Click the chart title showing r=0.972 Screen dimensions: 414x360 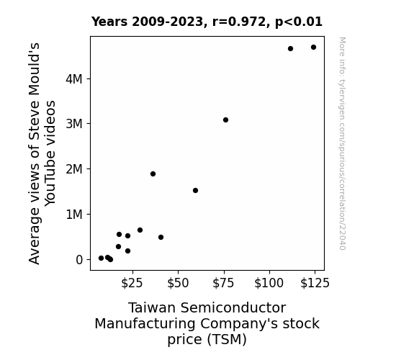tap(207, 22)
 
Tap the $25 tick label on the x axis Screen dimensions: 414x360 tap(132, 283)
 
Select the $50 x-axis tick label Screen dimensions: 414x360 tap(178, 283)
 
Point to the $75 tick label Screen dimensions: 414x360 tap(224, 283)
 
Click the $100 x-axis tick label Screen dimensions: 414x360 tap(269, 283)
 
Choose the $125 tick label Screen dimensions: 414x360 tap(315, 283)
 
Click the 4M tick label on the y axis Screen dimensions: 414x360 tap(74, 79)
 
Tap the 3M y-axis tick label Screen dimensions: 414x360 tap(74, 124)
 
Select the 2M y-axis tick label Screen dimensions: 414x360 tap(74, 169)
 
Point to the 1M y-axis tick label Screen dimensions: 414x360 tap(74, 215)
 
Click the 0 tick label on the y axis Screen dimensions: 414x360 tap(79, 260)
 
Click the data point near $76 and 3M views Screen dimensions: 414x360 tap(225, 120)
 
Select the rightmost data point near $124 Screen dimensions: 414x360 tap(313, 48)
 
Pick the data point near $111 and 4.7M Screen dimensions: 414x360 tap(290, 48)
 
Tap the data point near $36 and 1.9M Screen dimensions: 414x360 tap(153, 174)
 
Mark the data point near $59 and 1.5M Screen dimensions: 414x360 tap(195, 190)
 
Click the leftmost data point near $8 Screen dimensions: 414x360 tap(101, 258)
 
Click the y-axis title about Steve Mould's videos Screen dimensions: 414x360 tap(42, 153)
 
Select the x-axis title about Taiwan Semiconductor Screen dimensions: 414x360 tap(207, 323)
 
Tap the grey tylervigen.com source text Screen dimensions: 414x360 tap(342, 143)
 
